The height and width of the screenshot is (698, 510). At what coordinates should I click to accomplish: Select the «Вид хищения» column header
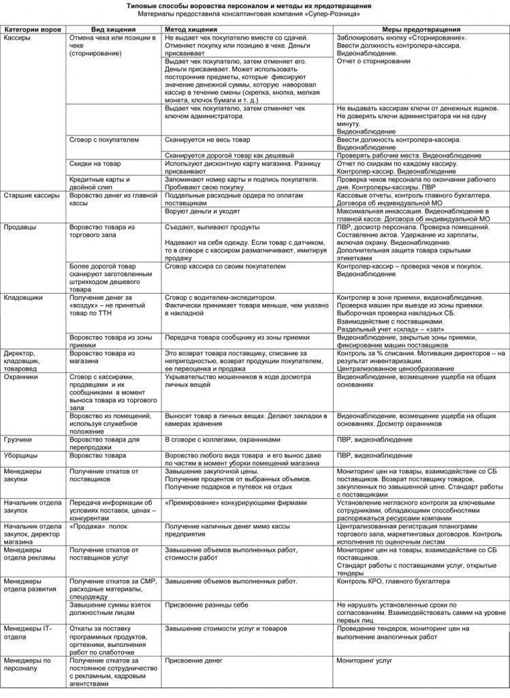click(113, 30)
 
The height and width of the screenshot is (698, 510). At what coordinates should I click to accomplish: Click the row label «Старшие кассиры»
click(30, 196)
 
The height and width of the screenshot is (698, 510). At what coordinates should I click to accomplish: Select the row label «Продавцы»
click(20, 227)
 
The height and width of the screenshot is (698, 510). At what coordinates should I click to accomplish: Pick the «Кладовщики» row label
click(23, 298)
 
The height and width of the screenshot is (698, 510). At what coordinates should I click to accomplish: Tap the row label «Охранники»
click(21, 376)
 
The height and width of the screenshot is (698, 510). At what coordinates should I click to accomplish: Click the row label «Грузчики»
click(18, 440)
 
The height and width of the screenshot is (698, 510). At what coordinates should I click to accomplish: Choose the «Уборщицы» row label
click(20, 455)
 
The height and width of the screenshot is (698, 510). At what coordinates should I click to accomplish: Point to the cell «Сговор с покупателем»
click(104, 140)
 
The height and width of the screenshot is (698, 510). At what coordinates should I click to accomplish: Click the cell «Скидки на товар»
click(95, 164)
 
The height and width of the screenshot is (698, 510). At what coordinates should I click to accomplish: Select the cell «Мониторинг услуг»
click(364, 661)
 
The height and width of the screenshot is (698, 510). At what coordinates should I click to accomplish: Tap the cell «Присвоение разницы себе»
click(207, 605)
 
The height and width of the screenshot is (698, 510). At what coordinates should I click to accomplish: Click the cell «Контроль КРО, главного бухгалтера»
click(393, 581)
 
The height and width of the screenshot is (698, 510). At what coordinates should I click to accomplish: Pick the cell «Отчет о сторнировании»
click(374, 61)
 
